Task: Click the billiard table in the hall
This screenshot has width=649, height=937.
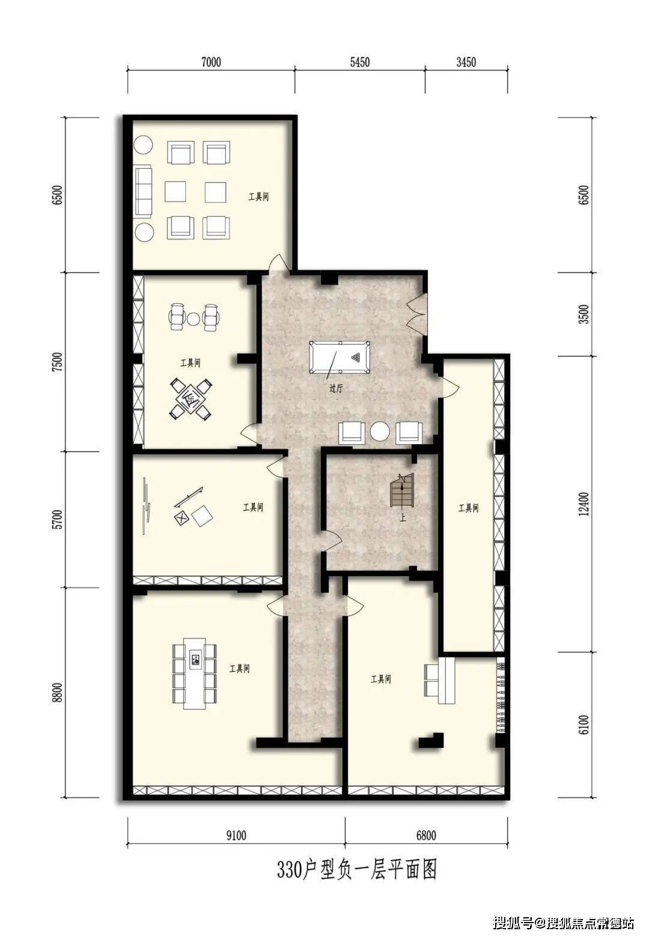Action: (340, 358)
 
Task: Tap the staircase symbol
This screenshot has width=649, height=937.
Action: (402, 489)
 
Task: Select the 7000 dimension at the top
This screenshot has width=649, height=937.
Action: (211, 62)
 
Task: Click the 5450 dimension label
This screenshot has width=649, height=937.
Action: (360, 62)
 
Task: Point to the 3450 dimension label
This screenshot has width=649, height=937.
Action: (466, 62)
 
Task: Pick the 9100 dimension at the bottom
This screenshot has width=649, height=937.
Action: (236, 836)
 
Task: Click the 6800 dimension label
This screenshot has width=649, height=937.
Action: (426, 836)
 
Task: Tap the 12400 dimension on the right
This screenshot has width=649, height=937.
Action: (583, 504)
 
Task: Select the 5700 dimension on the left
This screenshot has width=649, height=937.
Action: (59, 519)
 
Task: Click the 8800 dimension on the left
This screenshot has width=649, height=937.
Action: (59, 693)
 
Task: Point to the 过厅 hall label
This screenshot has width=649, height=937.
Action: (336, 388)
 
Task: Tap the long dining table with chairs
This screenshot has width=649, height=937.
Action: (195, 673)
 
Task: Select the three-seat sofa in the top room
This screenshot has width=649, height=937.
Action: (143, 191)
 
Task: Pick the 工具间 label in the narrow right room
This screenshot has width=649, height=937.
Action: (468, 508)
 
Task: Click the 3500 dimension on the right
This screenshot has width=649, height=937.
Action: (583, 314)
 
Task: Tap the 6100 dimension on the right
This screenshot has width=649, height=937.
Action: (583, 725)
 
